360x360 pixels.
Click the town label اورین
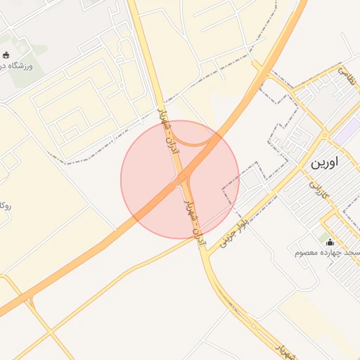323,162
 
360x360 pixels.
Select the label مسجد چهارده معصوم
328,252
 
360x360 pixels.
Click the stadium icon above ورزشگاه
7,55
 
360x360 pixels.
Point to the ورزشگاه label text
22,65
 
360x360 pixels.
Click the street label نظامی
347,75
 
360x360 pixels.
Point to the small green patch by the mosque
323,239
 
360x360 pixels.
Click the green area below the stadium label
25,81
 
